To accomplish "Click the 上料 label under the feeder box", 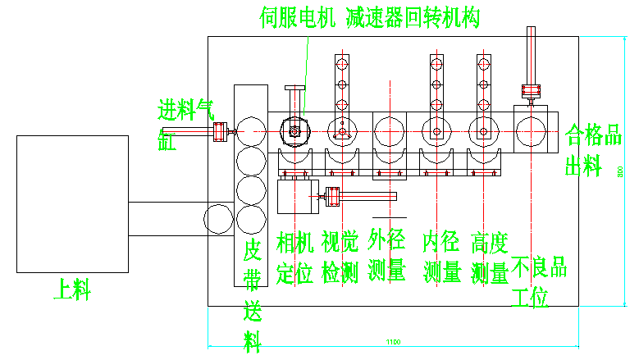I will pyautogui.click(x=72, y=289).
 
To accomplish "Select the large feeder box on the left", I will pyautogui.click(x=72, y=203).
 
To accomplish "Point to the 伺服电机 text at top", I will pyautogui.click(x=298, y=17).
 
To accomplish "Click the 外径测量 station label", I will pyautogui.click(x=387, y=255).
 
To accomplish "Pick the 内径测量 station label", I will pyautogui.click(x=442, y=257).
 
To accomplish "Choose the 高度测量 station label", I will pyautogui.click(x=490, y=257).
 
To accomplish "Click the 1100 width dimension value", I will pyautogui.click(x=394, y=342).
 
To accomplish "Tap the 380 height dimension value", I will pyautogui.click(x=621, y=171).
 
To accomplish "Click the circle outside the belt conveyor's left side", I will pyautogui.click(x=218, y=219).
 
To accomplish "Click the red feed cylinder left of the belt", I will pyautogui.click(x=220, y=131).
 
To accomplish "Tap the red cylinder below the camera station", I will pyautogui.click(x=332, y=195).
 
